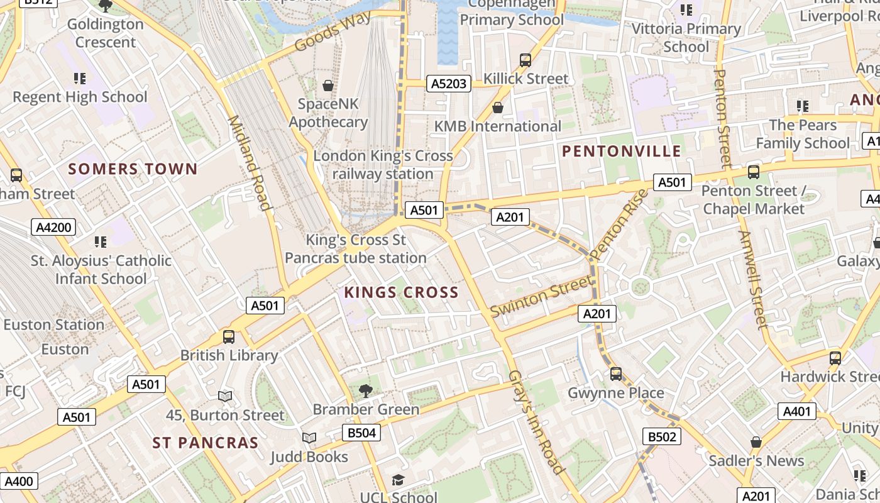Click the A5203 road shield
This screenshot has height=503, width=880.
(449, 84)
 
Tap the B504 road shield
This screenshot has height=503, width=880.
(361, 433)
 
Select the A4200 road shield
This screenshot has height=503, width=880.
(54, 227)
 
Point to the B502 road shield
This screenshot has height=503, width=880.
(662, 436)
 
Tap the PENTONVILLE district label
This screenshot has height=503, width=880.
(621, 151)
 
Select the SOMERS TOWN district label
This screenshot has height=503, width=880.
(133, 169)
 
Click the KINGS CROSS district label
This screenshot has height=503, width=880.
(401, 292)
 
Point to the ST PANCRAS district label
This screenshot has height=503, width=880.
(206, 443)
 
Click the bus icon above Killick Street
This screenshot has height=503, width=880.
(525, 60)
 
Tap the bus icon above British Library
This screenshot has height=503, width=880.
(229, 337)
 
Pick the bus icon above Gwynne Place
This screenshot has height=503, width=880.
(616, 374)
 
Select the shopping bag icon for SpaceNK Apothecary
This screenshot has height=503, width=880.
(327, 85)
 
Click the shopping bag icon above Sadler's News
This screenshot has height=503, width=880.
(756, 442)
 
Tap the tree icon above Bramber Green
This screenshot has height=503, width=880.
(365, 391)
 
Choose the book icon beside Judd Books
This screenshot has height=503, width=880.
(309, 438)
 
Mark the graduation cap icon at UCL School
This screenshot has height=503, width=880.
(398, 480)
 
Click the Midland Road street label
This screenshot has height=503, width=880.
(249, 163)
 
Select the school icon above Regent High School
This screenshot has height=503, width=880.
(80, 79)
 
